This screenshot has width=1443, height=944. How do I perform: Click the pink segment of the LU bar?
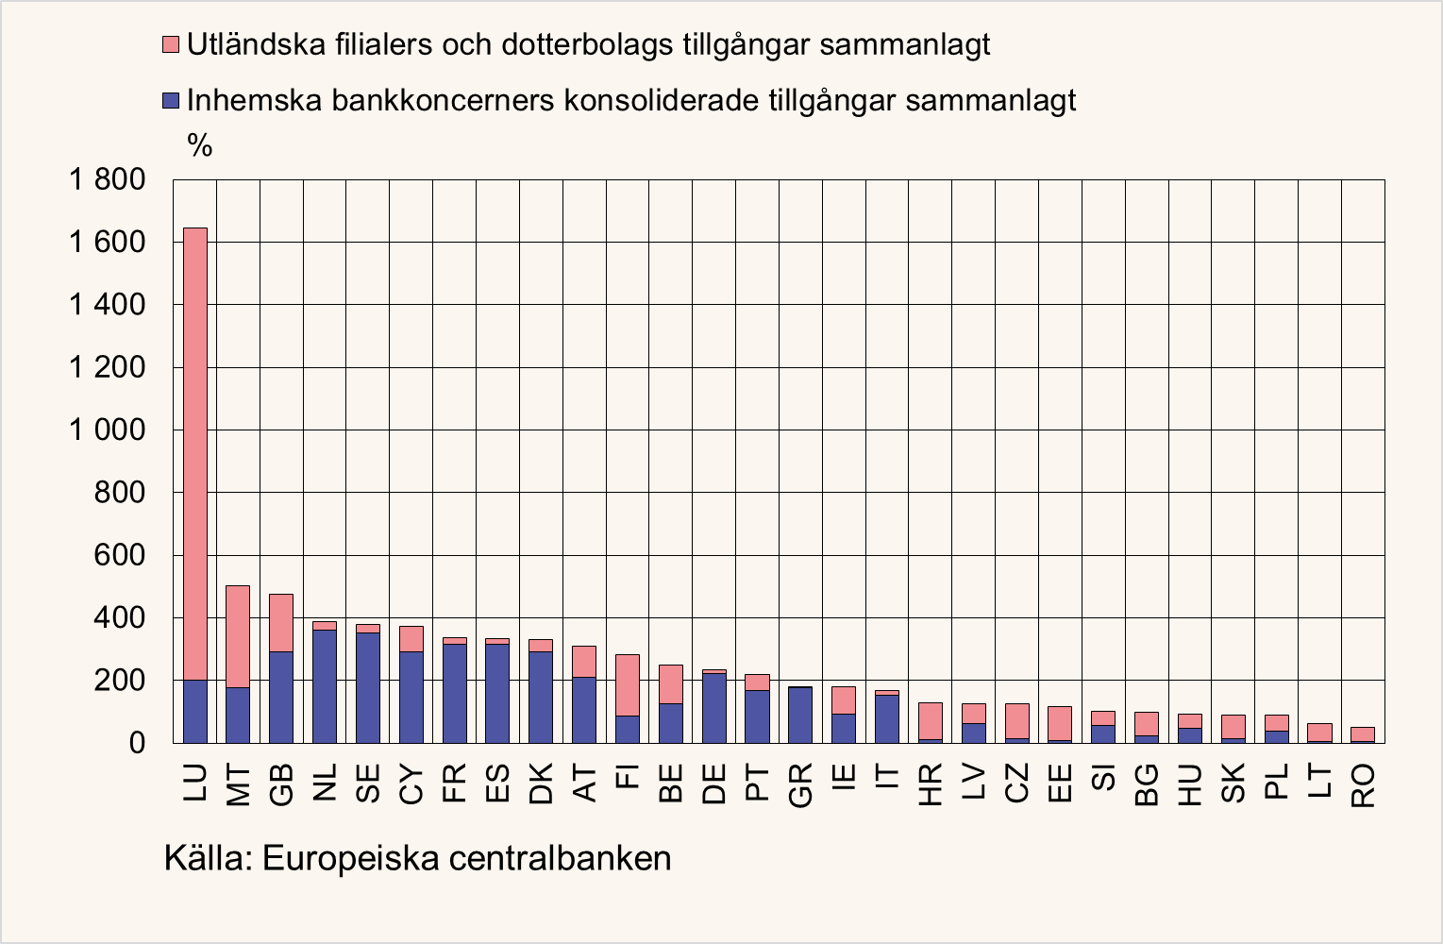tap(195, 453)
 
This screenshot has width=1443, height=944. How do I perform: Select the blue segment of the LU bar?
tap(195, 711)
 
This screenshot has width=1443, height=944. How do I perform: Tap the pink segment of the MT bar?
tap(238, 636)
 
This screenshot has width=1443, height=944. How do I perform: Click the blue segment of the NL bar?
tap(325, 686)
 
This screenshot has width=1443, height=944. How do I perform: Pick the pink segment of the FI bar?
tap(628, 685)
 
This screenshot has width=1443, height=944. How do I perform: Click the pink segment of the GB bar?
tap(281, 623)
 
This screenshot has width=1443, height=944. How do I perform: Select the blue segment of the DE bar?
tap(714, 708)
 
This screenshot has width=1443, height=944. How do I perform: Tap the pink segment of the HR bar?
tap(931, 721)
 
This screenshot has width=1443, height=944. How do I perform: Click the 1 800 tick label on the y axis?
tap(107, 179)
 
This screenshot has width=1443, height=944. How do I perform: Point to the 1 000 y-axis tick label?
tap(107, 430)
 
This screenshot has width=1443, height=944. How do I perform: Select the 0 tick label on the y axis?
tap(137, 743)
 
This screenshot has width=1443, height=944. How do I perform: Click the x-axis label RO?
tap(1363, 785)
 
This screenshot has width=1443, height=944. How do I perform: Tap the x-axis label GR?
tap(800, 785)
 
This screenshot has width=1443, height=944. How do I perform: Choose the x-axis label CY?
tap(411, 785)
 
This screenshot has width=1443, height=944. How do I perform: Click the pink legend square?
tap(171, 44)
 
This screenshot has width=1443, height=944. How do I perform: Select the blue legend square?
tap(171, 100)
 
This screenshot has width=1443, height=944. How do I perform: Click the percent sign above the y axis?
tap(199, 145)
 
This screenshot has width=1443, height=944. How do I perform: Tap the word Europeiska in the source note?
tap(348, 859)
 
